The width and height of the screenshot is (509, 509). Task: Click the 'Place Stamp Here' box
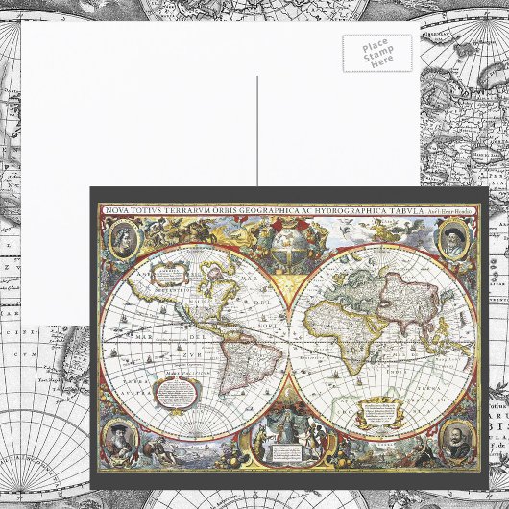pos(377,53)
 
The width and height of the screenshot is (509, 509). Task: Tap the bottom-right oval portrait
pos(453,438)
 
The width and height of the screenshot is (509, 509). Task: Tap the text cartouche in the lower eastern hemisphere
pos(378,411)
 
